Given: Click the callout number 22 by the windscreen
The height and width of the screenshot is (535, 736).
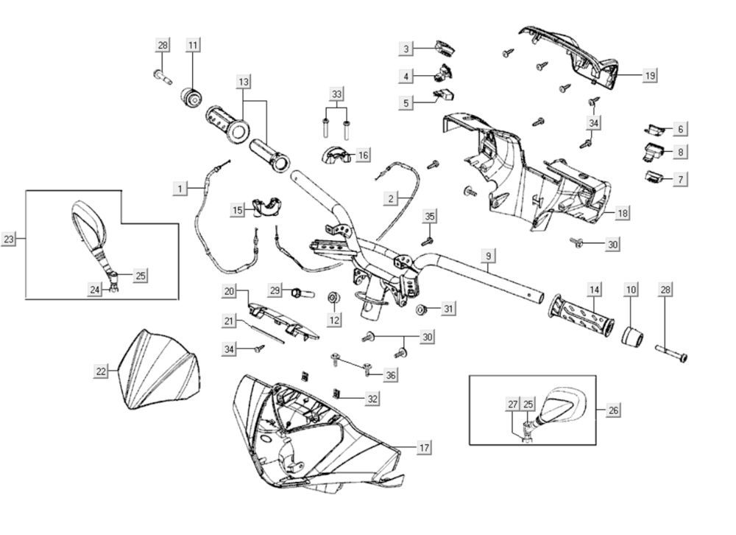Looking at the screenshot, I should [102, 371].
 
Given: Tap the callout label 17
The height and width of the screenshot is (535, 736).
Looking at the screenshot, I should [424, 447].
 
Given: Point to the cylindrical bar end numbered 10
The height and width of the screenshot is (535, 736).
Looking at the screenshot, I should [631, 335].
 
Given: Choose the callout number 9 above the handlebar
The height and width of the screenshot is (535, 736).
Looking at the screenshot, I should [486, 256].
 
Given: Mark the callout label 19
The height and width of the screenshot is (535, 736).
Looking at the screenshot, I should [650, 75].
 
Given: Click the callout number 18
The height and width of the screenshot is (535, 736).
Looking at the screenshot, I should [622, 213].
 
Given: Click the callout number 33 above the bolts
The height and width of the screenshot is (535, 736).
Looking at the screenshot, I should [336, 94].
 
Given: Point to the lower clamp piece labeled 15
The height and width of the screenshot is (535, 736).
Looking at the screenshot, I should [268, 206].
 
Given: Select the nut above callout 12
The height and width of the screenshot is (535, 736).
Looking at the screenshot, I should [333, 297].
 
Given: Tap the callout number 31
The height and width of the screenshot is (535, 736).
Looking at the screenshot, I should [448, 309].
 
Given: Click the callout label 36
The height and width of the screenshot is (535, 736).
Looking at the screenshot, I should [389, 375].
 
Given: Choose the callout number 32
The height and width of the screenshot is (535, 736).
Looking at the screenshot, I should [373, 398].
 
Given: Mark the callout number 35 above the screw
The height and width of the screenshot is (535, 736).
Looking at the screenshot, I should [430, 216].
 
